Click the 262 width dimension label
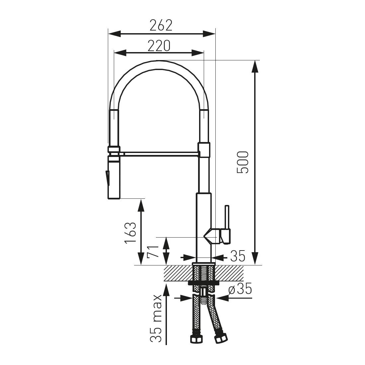point(161,25)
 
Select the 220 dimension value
point(159,46)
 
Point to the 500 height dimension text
point(243,162)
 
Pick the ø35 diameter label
point(240,289)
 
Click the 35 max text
point(156,318)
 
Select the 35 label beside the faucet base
point(238,256)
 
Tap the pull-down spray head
point(114,178)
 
